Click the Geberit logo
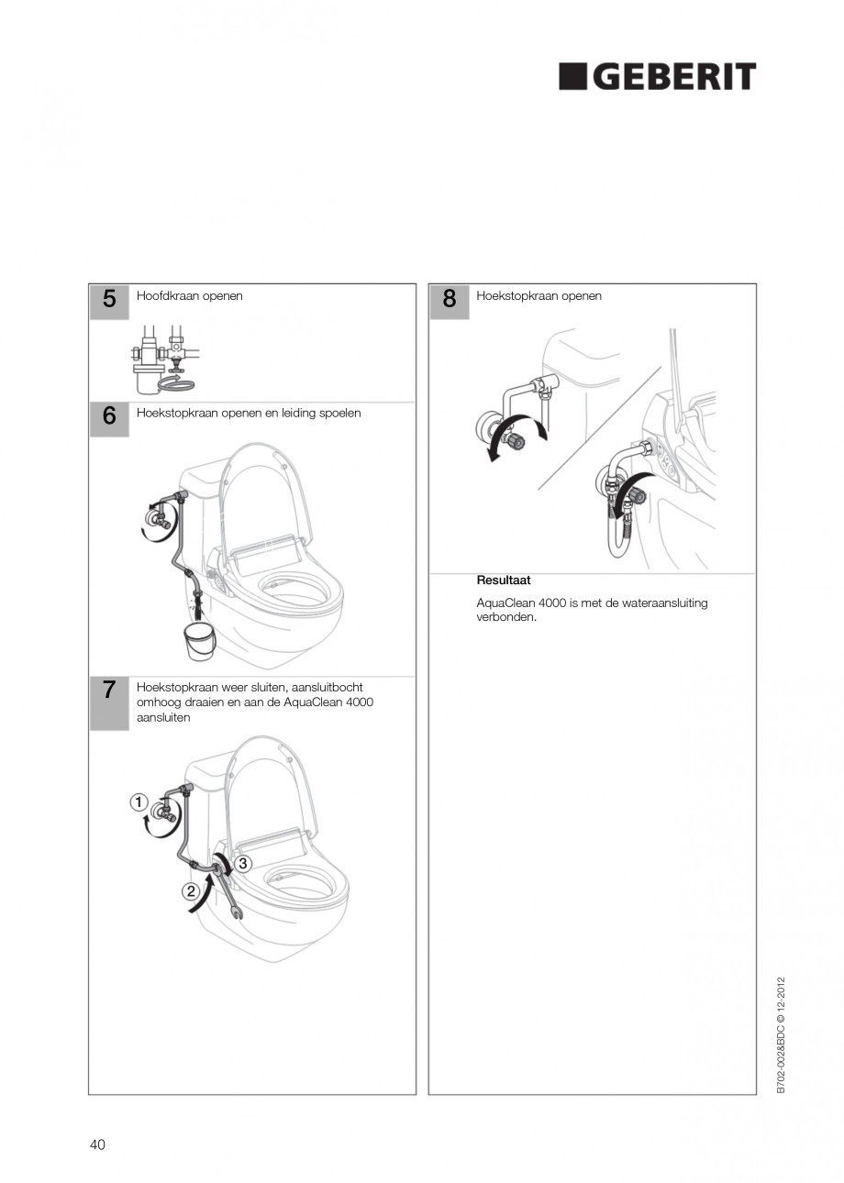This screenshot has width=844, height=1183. tap(657, 77)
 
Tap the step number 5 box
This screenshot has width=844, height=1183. tap(109, 301)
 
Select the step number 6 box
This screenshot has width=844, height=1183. tap(109, 417)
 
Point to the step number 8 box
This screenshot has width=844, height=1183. tap(449, 301)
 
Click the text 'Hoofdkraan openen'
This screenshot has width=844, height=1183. tap(190, 296)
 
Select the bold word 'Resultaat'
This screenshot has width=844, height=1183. tap(503, 580)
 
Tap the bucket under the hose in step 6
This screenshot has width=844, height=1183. tap(198, 641)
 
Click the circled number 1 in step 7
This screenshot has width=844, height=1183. tap(139, 802)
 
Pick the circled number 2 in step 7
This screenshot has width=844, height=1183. tap(192, 890)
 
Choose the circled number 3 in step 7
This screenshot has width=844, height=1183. tap(243, 863)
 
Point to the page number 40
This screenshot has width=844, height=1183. tap(97, 1144)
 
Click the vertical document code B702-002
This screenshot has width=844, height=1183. tap(781, 1035)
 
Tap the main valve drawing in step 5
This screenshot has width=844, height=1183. tap(163, 358)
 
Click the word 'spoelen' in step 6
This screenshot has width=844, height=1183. tap(339, 413)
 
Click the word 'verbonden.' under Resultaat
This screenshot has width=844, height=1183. tap(506, 617)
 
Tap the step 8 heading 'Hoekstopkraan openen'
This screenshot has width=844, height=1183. tap(539, 296)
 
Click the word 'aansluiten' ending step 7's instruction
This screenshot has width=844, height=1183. tap(163, 717)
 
